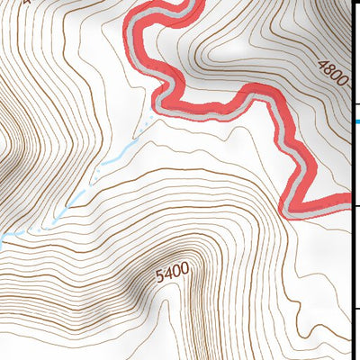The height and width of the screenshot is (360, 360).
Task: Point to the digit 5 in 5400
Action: (x=159, y=274)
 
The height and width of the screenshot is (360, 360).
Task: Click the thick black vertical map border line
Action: (x=351, y=180)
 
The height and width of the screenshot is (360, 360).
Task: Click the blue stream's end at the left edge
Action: (x=3, y=238)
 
